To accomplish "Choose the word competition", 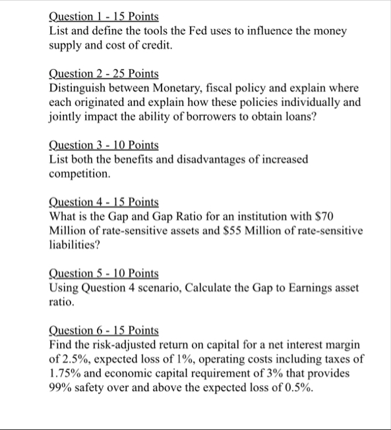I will point(78,175).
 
